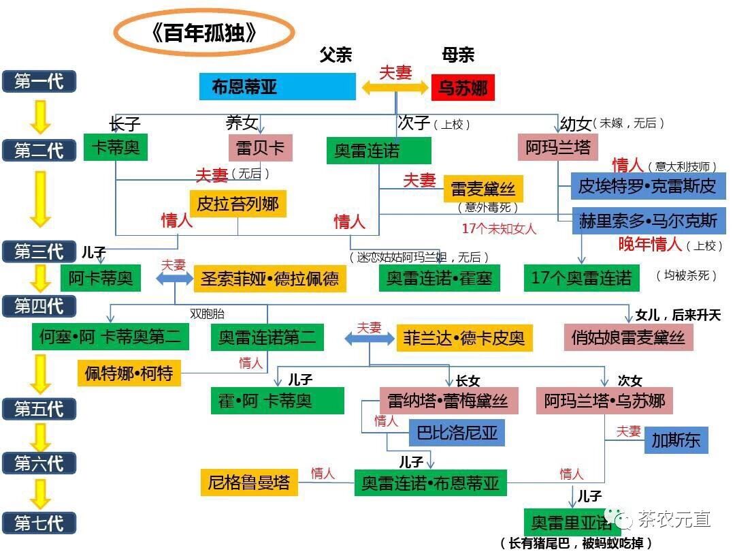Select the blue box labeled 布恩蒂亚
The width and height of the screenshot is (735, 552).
[x=277, y=87]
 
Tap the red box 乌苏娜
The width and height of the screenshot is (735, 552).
[x=463, y=87]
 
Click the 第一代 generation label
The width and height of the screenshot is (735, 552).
[x=38, y=81]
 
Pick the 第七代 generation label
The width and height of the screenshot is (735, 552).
[x=38, y=523]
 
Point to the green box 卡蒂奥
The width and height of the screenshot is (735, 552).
[x=115, y=147]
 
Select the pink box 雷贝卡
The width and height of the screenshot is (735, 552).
[x=260, y=148]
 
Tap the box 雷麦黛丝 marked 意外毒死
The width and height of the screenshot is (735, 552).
[x=483, y=189]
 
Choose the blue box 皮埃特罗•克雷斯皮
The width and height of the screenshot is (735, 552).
[x=646, y=185]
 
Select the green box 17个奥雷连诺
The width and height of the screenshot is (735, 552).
[x=581, y=278]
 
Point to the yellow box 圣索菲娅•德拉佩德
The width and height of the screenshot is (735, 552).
[x=269, y=279]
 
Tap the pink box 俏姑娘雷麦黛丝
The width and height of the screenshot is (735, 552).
[x=628, y=337]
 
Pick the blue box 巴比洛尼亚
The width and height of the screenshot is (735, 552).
[x=456, y=432]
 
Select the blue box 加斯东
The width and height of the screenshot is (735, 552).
[x=676, y=440]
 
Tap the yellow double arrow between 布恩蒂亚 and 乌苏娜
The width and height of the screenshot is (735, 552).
[x=395, y=87]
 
